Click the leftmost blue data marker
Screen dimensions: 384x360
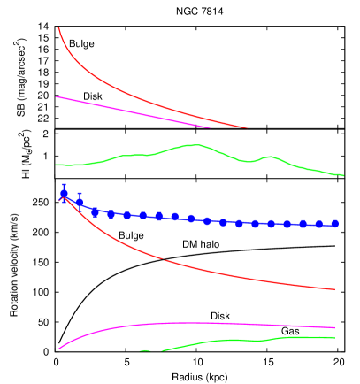coord(64,194)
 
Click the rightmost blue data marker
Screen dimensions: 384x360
coord(335,224)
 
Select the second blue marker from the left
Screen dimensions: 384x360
coord(80,203)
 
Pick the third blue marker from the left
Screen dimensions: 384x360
coord(96,212)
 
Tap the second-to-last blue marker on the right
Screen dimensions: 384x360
coord(319,225)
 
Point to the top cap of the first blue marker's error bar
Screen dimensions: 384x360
coord(64,184)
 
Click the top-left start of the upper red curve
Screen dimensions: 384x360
coord(58,27)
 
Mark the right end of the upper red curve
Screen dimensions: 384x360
coord(248,128)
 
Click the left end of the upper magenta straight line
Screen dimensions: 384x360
coord(57,96)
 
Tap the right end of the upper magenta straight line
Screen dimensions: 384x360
coord(211,127)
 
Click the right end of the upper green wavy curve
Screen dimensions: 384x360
coord(343,176)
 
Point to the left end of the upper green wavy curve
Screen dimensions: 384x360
coord(57,165)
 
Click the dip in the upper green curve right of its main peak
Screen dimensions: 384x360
coord(250,162)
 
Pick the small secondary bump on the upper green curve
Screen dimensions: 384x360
coord(270,157)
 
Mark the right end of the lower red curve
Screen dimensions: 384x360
coord(335,289)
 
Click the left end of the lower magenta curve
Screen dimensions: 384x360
coord(59,349)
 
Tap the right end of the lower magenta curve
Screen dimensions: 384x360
coord(335,328)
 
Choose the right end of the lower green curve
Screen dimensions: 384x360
coord(335,337)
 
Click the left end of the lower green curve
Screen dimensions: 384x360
coord(141,351)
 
